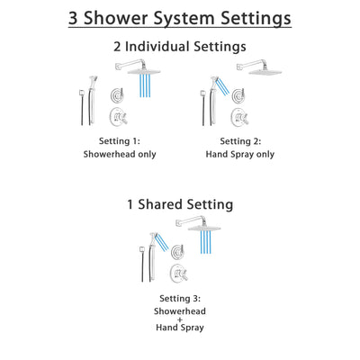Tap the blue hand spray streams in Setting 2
[x=219, y=86]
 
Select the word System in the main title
[x=182, y=19]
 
